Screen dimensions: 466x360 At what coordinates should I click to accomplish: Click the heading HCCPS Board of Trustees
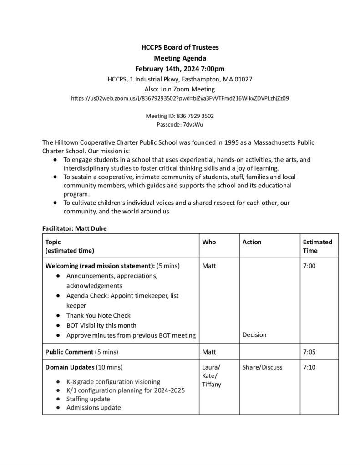point(180,47)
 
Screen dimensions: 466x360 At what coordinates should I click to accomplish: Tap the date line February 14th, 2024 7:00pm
point(180,69)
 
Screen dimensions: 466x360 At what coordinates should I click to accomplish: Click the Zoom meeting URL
point(180,98)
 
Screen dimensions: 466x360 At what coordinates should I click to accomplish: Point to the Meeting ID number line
point(180,116)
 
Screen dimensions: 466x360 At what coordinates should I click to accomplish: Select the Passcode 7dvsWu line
point(180,124)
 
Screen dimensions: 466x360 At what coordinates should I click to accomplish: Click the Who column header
point(209,242)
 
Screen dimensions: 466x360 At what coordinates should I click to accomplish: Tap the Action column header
point(252,242)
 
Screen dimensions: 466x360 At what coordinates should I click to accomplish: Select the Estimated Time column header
point(317,246)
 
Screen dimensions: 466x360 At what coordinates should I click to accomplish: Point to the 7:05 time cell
point(309,352)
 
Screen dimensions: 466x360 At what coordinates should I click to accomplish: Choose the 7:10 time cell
point(309,367)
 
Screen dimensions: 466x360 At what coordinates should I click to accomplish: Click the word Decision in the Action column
point(254,335)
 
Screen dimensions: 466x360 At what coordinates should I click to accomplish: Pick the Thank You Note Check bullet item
point(98,315)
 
